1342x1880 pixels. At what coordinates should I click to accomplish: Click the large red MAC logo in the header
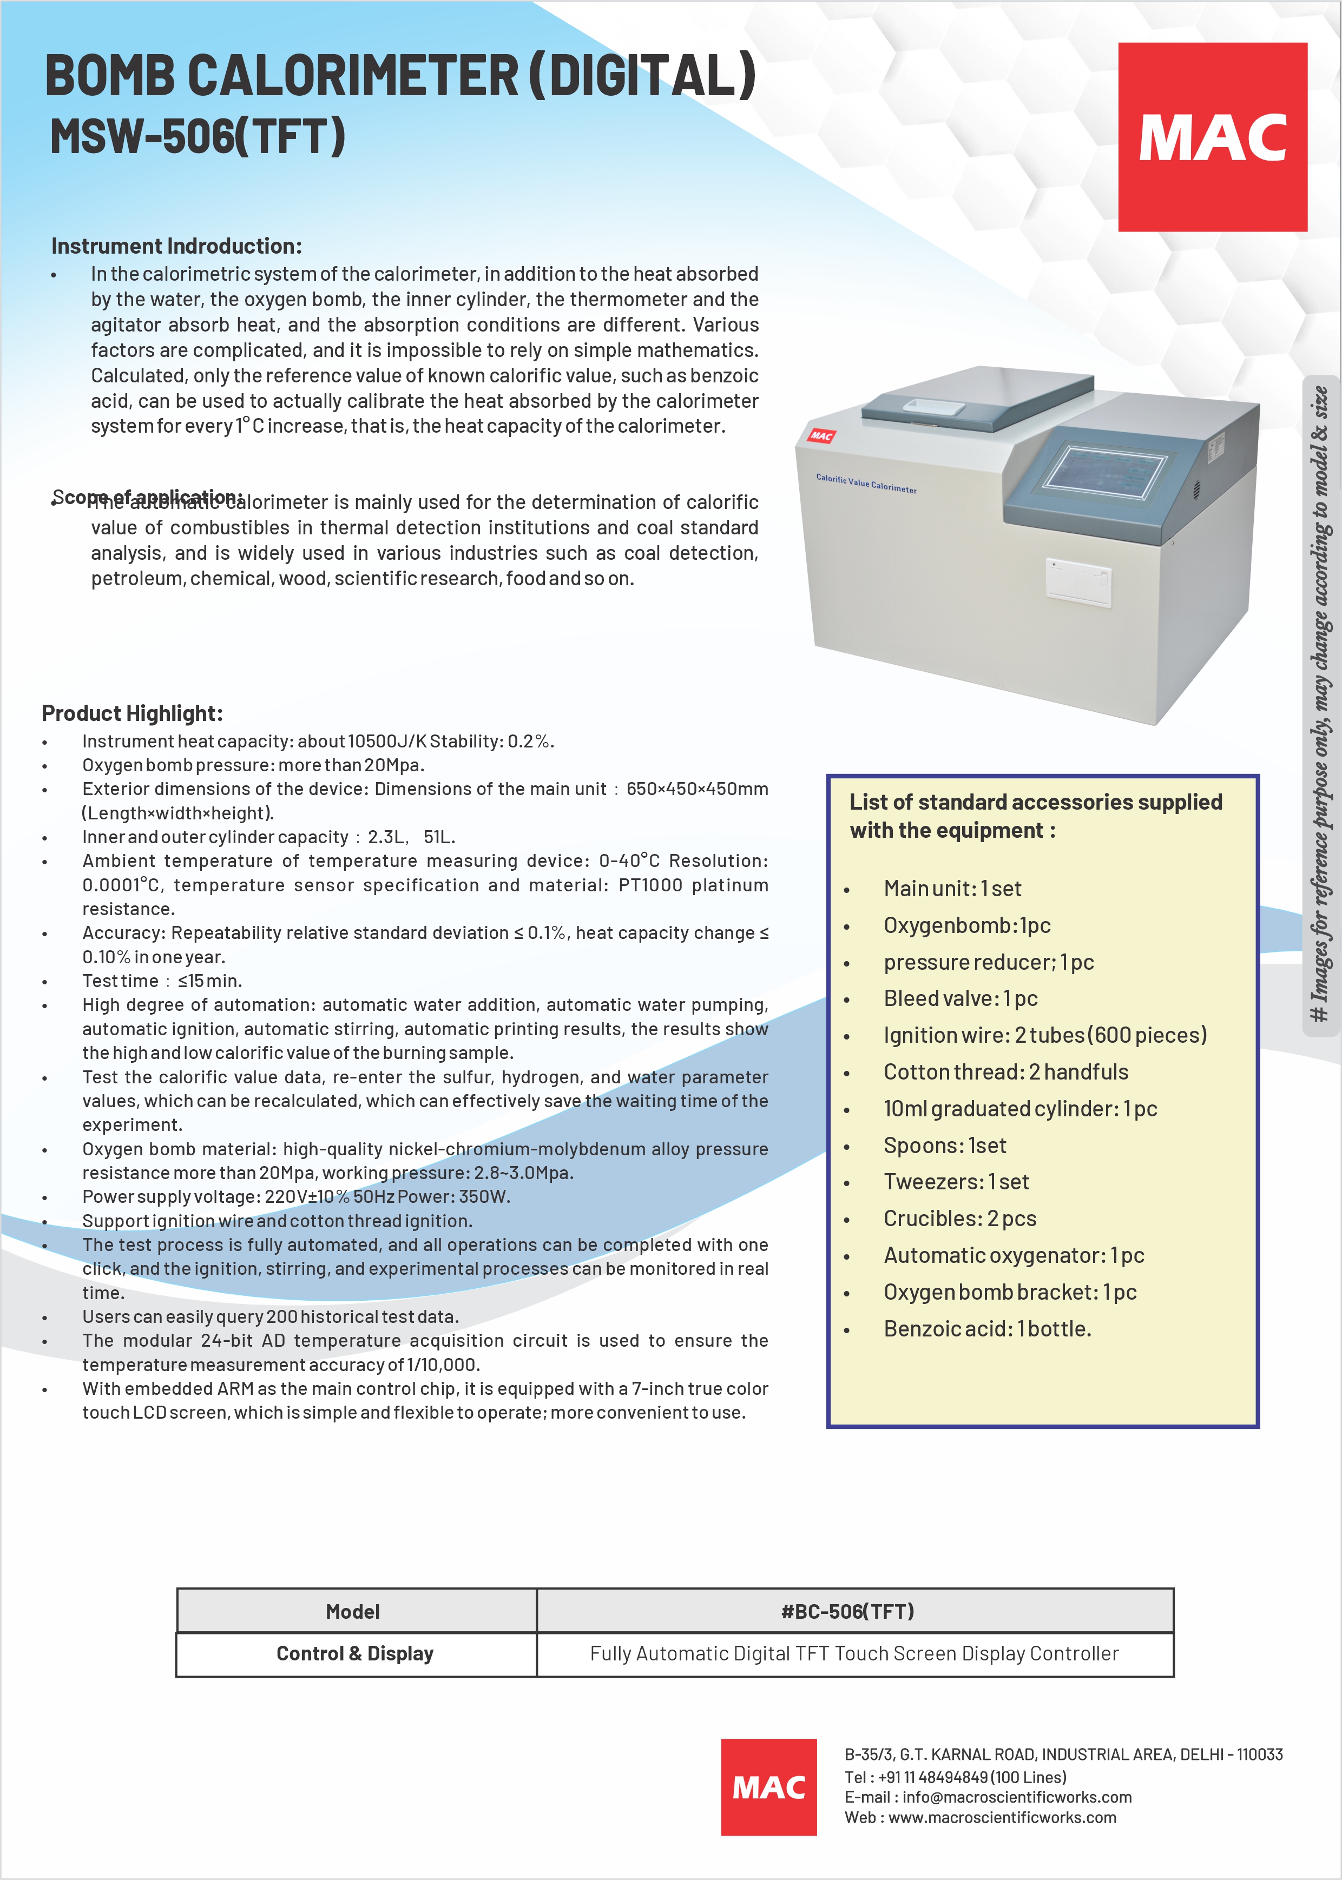click(1212, 137)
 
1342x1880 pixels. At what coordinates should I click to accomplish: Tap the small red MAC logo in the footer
click(768, 1786)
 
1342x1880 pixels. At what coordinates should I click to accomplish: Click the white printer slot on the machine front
click(1077, 582)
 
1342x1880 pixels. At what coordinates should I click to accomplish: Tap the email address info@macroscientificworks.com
click(1016, 1797)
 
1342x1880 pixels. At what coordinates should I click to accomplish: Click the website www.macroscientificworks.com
click(1002, 1817)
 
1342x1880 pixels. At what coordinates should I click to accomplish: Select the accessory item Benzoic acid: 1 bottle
click(988, 1329)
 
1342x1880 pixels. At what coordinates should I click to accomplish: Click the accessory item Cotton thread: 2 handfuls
click(1005, 1072)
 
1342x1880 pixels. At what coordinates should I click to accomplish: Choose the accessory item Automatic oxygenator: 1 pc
click(1014, 1255)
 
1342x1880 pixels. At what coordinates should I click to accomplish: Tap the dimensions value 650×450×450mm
click(696, 789)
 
